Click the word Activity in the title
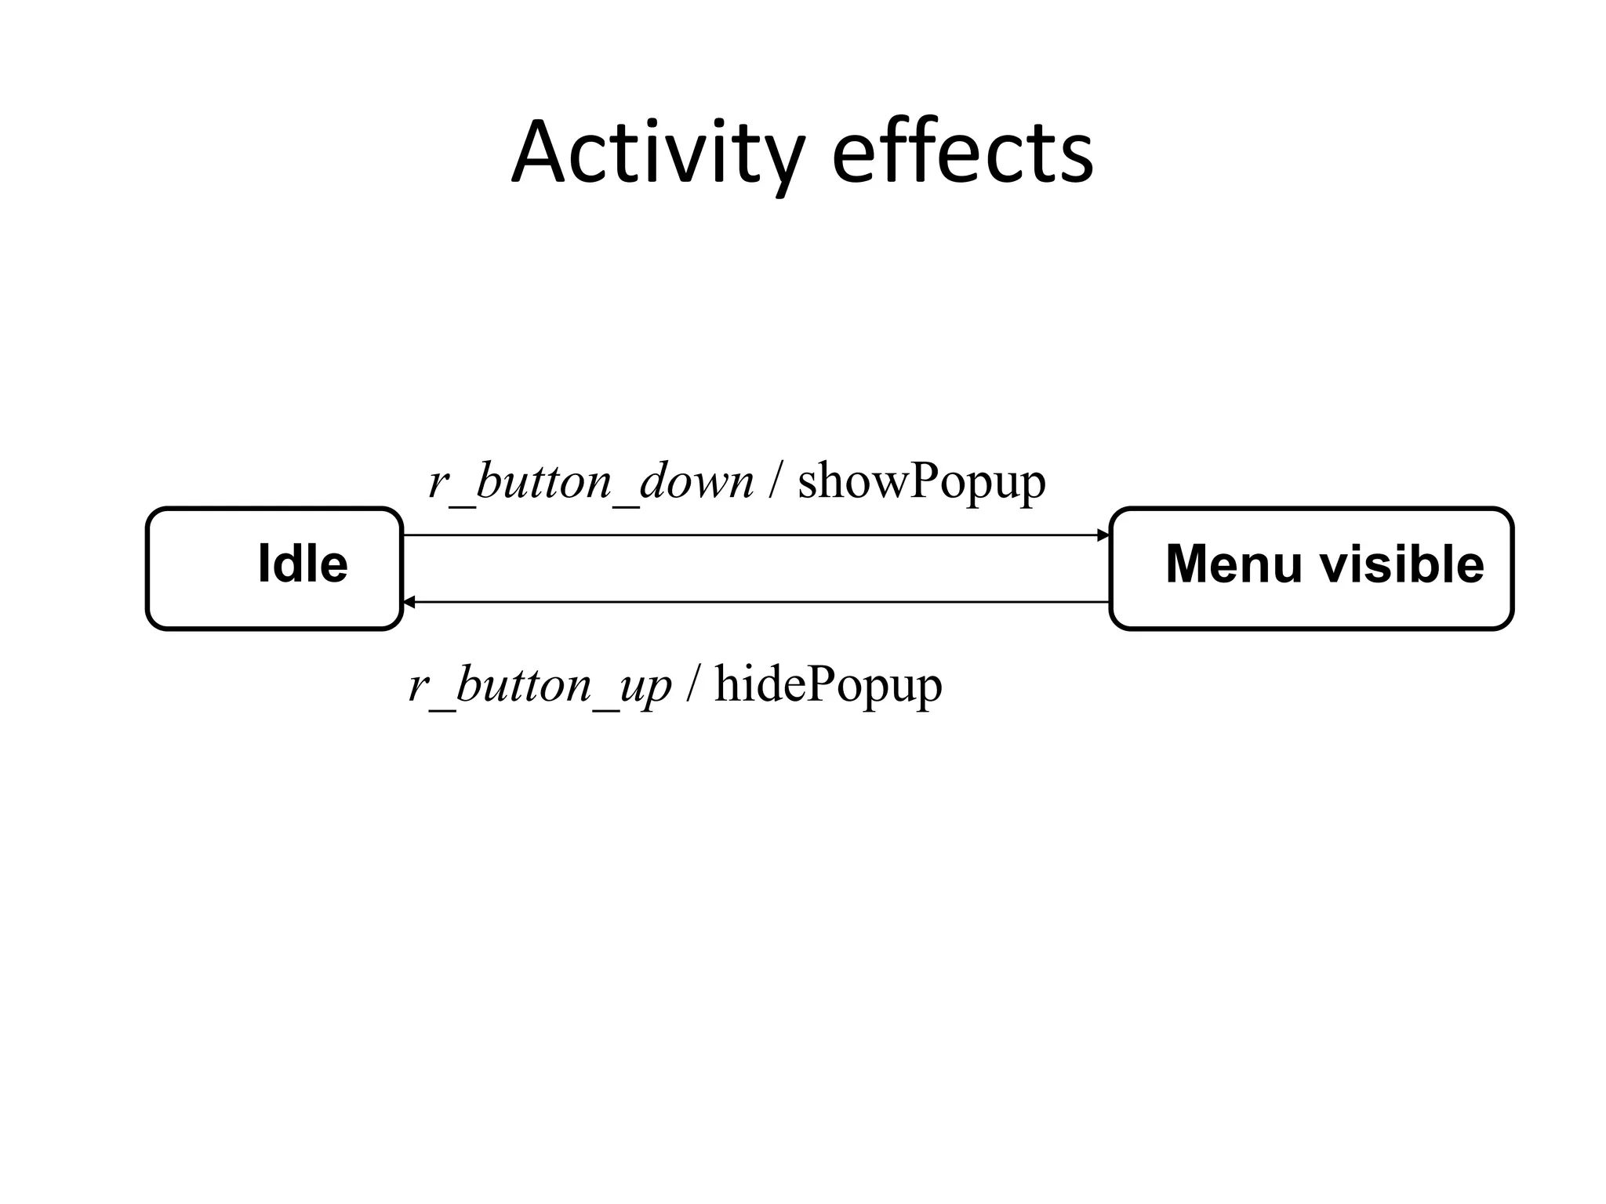coord(657,153)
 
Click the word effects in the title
coord(962,153)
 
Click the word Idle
coord(303,564)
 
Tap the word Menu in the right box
coord(1234,564)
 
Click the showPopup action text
coord(921,481)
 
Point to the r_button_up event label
coord(540,685)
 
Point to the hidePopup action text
coord(828,685)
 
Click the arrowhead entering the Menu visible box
coord(1103,535)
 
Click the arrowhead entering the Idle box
coord(409,602)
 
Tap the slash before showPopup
coord(775,481)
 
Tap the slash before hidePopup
coord(692,685)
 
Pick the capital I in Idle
coord(263,564)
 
